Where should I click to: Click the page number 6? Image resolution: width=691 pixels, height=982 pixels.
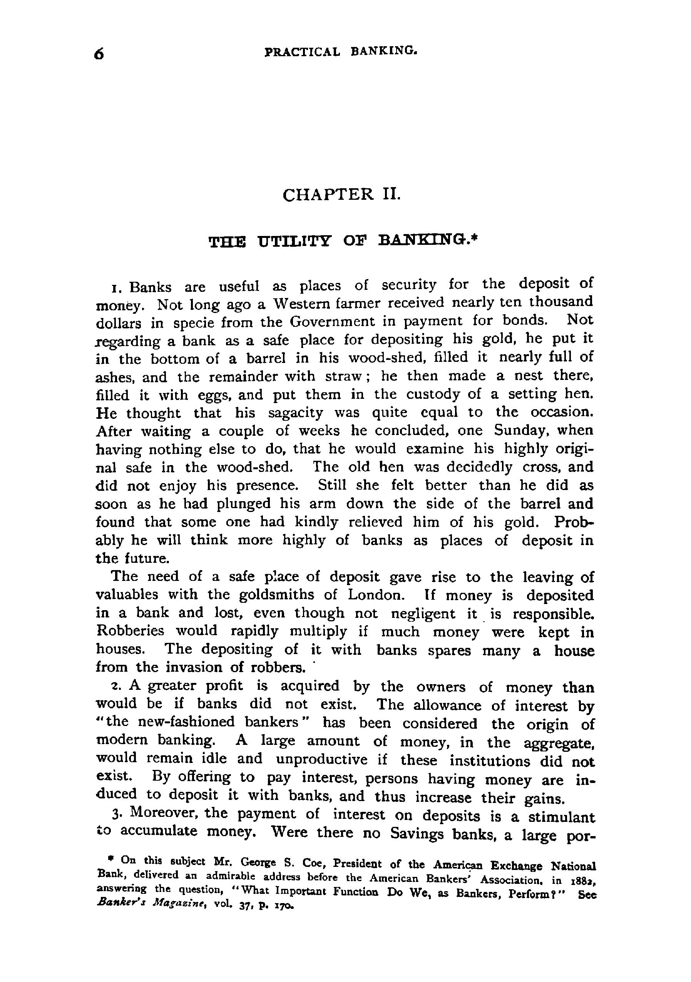click(99, 54)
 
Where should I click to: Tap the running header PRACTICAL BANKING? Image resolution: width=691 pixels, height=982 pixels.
click(341, 51)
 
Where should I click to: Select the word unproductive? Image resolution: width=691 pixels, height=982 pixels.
click(321, 759)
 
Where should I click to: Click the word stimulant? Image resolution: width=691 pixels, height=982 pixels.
click(561, 817)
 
